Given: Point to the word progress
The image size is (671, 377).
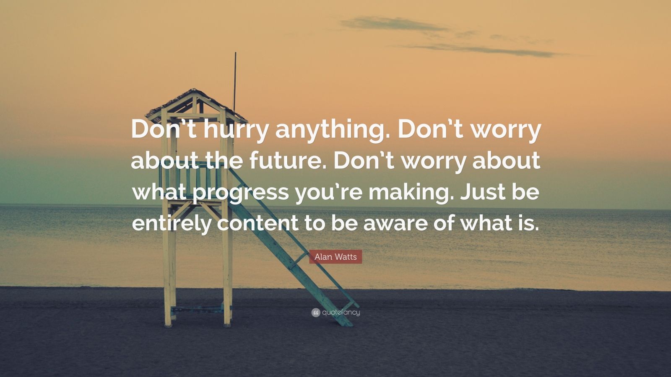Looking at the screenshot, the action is (x=241, y=194).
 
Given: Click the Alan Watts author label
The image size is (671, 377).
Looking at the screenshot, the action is (x=335, y=257).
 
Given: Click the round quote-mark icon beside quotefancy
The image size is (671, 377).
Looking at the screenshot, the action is (x=316, y=313).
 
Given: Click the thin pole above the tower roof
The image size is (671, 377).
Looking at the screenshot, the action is (x=235, y=81).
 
